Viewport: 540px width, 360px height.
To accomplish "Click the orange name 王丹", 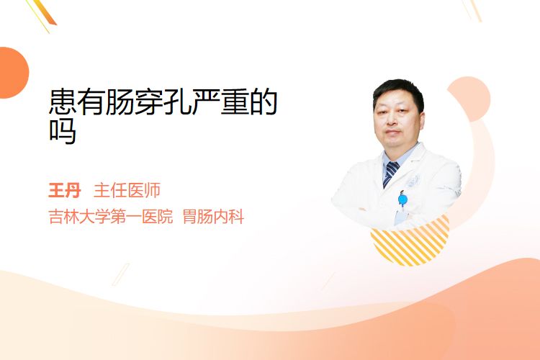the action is [x=65, y=190].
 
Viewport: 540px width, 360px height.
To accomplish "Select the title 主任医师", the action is [x=127, y=190].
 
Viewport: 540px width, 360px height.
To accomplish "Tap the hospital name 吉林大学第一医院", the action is [x=111, y=217].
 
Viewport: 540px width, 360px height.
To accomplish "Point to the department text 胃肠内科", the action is [x=214, y=217].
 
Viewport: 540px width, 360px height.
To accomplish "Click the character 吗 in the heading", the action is [x=63, y=131].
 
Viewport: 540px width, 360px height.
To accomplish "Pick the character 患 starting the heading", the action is [x=63, y=102].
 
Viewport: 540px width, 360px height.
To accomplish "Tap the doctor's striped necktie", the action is [x=390, y=173].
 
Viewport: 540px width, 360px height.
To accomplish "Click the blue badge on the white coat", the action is [x=402, y=199].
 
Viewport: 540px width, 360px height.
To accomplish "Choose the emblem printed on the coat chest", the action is [x=413, y=181].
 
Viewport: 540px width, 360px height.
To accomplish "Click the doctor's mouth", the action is [x=392, y=132].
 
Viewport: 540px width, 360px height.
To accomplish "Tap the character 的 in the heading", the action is [x=264, y=102].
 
